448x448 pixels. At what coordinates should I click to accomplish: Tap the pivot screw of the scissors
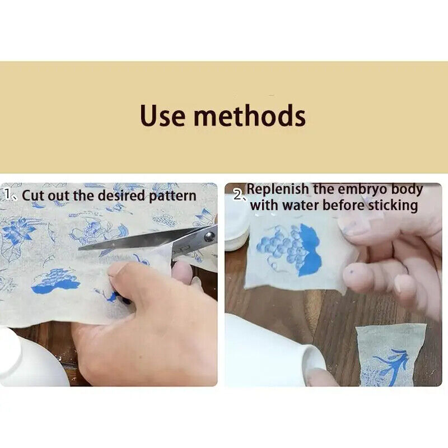209,236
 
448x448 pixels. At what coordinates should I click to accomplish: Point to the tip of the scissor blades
80,249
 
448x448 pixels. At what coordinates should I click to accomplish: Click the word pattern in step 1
172,196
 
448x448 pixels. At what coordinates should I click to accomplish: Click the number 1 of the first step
7,194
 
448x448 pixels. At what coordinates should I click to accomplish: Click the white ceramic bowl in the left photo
31,357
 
